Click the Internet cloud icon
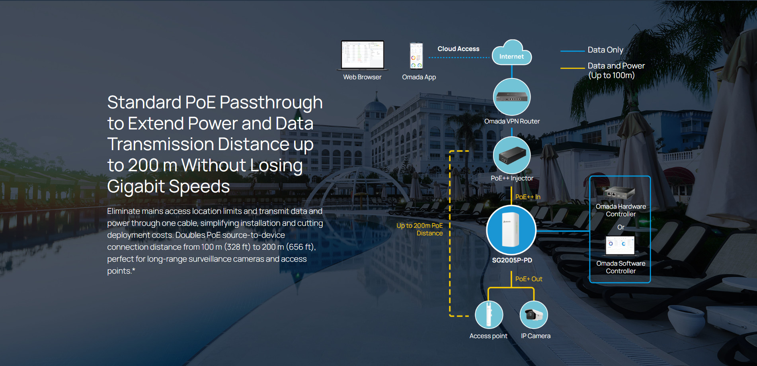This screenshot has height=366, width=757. pyautogui.click(x=512, y=53)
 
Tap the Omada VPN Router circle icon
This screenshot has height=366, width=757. pyautogui.click(x=512, y=97)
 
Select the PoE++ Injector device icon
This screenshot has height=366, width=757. pyautogui.click(x=512, y=155)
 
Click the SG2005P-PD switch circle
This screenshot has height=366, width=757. pyautogui.click(x=511, y=230)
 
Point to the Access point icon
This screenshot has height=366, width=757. pyautogui.click(x=489, y=315)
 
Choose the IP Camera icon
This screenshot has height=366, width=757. pyautogui.click(x=534, y=315)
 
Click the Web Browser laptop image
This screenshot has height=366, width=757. pyautogui.click(x=363, y=55)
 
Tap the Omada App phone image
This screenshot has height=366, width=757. pyautogui.click(x=416, y=56)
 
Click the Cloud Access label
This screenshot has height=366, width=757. pyautogui.click(x=458, y=49)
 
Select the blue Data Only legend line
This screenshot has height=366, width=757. pyautogui.click(x=572, y=51)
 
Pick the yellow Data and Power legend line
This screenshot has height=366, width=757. pyautogui.click(x=572, y=68)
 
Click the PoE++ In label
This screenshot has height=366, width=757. pyautogui.click(x=528, y=197)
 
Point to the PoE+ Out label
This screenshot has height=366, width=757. pyautogui.click(x=529, y=279)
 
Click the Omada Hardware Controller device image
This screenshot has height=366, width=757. pyautogui.click(x=619, y=193)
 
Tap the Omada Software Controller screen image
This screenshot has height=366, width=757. pyautogui.click(x=620, y=245)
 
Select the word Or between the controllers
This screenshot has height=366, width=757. pyautogui.click(x=621, y=227)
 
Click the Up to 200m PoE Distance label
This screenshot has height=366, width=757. pyautogui.click(x=419, y=229)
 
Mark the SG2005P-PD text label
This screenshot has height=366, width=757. pyautogui.click(x=512, y=260)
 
